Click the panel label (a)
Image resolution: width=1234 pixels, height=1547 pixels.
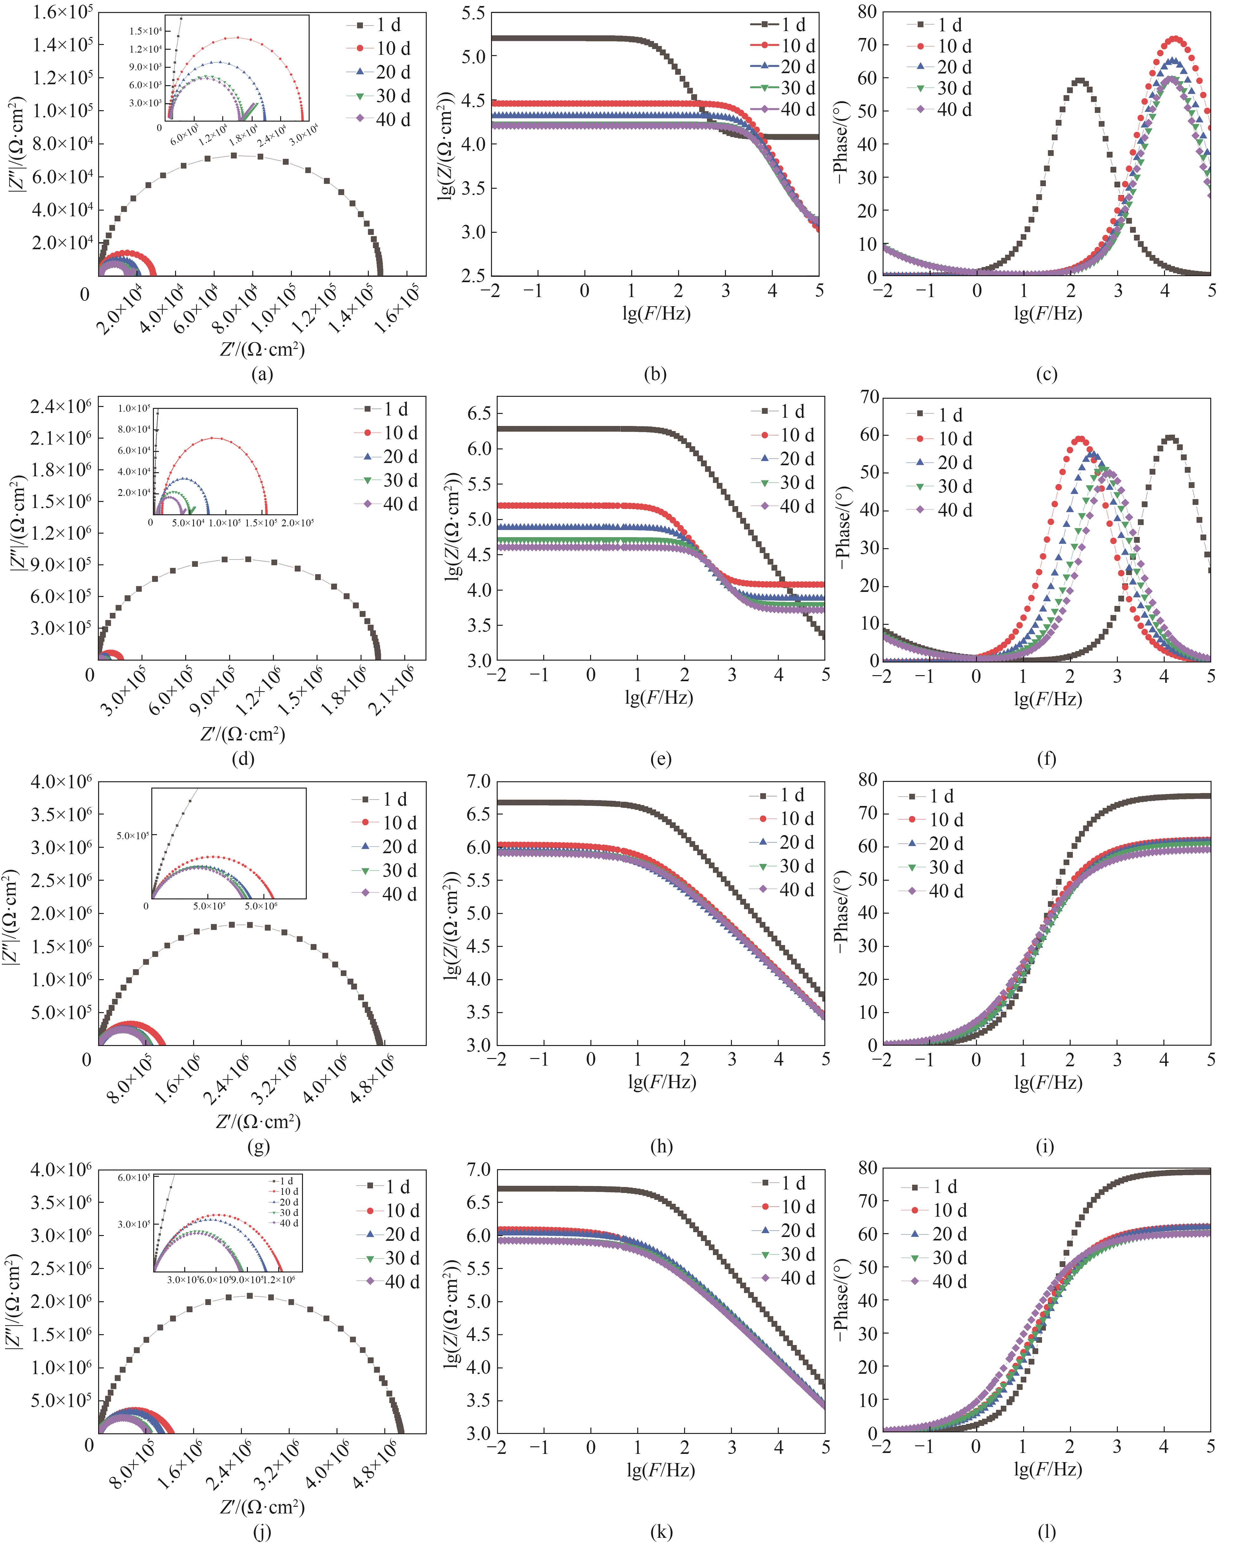[x=262, y=374]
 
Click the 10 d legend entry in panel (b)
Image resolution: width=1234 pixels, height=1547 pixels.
[x=798, y=46]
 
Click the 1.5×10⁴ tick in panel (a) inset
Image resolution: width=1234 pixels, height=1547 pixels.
[x=145, y=31]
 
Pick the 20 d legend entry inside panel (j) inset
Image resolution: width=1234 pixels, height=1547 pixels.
[x=288, y=1202]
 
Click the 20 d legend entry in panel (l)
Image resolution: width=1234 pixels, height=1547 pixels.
[x=949, y=1234]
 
